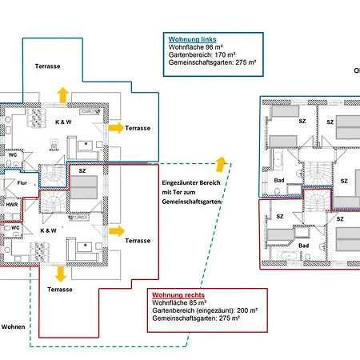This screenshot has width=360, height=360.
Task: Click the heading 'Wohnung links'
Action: coord(192,39)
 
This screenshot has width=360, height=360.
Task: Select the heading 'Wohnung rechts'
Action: coord(178,295)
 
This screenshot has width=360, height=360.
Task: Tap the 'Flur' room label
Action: coord(22,183)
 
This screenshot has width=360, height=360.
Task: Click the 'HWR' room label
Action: coord(12,205)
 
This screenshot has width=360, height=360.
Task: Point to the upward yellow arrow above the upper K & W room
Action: coord(63,95)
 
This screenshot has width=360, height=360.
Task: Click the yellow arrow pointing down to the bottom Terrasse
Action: coord(61,274)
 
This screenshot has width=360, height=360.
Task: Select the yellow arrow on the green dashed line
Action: coord(221,164)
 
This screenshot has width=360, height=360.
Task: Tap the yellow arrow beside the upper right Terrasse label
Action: coord(116,128)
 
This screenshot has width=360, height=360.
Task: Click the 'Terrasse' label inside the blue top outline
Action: coord(48,66)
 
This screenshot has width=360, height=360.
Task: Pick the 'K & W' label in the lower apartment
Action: coord(48,230)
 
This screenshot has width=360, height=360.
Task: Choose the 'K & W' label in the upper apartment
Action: coord(63,122)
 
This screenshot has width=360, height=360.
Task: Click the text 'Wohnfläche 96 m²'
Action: coord(196,47)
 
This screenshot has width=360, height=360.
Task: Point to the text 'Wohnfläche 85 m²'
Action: coord(179,303)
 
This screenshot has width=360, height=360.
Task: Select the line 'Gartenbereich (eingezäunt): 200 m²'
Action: coord(205,310)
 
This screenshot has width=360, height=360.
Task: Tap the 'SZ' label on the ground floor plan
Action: coord(82,170)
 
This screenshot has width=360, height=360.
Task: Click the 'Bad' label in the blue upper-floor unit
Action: coord(279,180)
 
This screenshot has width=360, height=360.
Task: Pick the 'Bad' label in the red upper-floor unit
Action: coord(304,246)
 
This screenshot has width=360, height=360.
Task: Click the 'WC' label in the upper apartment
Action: coord(13,155)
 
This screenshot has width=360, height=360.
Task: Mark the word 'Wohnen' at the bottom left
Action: coord(13,327)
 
